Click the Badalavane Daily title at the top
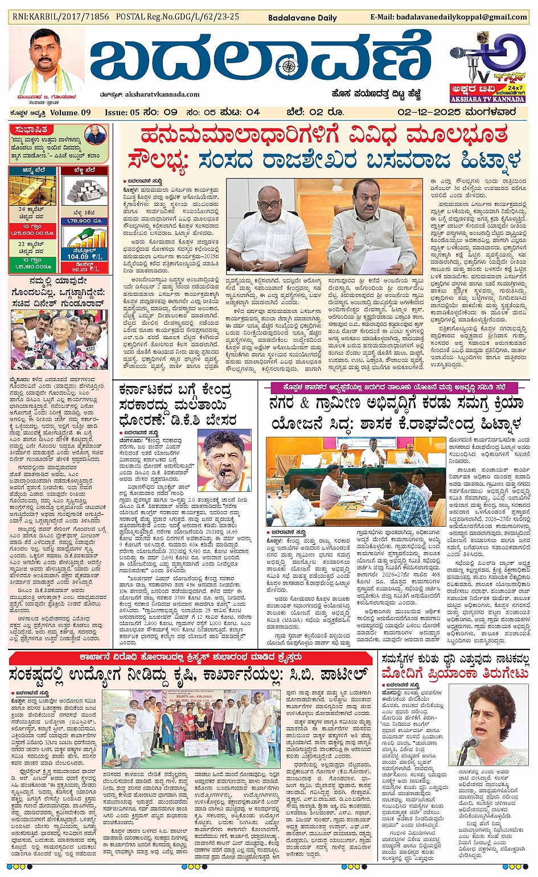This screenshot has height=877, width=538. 302,18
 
